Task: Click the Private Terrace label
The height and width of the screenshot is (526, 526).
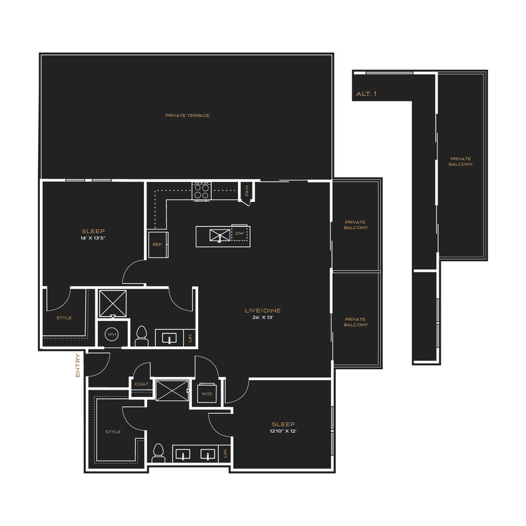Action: coord(187,115)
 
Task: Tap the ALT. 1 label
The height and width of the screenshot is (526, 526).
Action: coord(366,94)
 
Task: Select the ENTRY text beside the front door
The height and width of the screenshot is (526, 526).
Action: coord(78,365)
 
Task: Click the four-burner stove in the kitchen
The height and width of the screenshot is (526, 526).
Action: coord(201,191)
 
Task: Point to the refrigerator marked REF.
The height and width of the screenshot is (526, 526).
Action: coord(158,244)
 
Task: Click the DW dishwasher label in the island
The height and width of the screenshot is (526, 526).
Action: coord(239,233)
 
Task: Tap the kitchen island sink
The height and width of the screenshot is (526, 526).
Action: coord(220,235)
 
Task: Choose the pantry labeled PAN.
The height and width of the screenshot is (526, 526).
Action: coord(247,191)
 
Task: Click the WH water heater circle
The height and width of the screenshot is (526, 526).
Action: coord(112,335)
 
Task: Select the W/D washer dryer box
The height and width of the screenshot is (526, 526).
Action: coord(207,393)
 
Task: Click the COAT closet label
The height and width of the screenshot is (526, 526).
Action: coord(141,384)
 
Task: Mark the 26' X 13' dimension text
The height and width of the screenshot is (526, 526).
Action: coord(263,317)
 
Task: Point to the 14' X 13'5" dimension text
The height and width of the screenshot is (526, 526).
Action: coord(93,238)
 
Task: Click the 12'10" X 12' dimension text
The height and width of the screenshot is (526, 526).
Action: coord(283,431)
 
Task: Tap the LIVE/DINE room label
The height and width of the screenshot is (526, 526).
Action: coord(262,310)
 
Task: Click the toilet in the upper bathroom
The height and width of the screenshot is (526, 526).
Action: coord(141,336)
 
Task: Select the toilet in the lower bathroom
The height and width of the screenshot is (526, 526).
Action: coord(158,453)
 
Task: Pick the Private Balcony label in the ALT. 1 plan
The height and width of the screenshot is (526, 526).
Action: coord(461,161)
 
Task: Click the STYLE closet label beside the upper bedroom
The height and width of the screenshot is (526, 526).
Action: coord(64,318)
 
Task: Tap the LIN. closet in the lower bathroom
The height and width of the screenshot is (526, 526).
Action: coord(225,453)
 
